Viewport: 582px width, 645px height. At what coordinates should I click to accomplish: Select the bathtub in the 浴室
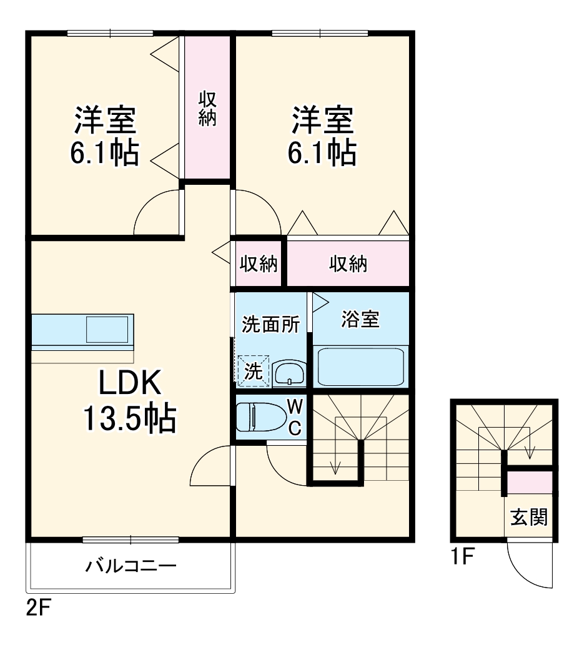point(361,367)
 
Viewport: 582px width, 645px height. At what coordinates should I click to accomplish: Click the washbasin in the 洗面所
point(289,373)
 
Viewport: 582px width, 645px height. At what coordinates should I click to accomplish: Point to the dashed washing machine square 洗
point(253,371)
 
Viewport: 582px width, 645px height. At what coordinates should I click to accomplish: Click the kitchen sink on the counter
point(107,329)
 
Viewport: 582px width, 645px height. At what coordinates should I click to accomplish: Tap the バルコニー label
point(131,567)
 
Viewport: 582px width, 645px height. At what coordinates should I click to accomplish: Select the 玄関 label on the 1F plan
point(530,517)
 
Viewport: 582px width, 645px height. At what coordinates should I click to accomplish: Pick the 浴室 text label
point(360,319)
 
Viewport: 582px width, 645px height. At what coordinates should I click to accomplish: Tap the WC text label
point(295,416)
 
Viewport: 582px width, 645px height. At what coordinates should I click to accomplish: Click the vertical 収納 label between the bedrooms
point(207,109)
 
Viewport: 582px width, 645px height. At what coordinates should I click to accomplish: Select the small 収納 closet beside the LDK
point(259,264)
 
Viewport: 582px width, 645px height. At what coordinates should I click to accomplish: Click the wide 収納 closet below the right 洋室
point(348,264)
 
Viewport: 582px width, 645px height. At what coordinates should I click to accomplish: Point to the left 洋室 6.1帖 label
point(104,135)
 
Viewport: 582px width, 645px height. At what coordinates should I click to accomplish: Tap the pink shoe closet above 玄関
point(530,483)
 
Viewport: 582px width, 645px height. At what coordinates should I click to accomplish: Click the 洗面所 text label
point(271,325)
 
